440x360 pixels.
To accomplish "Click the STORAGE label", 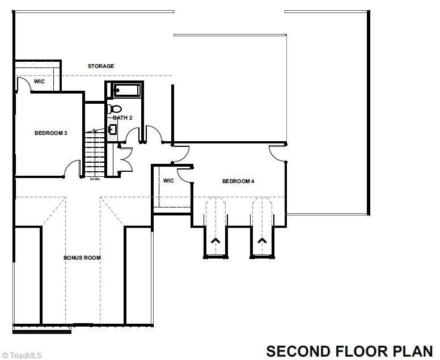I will click(x=101, y=66).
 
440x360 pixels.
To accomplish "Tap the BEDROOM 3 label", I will click(x=51, y=133).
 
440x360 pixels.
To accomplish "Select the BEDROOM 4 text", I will click(x=238, y=181).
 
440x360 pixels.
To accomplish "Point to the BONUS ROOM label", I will click(x=82, y=258).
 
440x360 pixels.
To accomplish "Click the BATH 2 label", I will click(x=122, y=117).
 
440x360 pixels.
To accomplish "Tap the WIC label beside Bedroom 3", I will click(x=39, y=82).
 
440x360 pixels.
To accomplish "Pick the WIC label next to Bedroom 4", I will click(x=168, y=181).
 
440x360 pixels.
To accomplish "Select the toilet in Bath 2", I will click(x=113, y=108).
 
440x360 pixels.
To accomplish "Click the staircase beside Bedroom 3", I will click(x=92, y=153).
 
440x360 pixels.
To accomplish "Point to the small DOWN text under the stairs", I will click(x=95, y=180).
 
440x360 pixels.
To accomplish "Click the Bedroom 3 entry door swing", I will click(x=72, y=168).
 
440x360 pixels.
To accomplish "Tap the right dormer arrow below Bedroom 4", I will click(x=262, y=241).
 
